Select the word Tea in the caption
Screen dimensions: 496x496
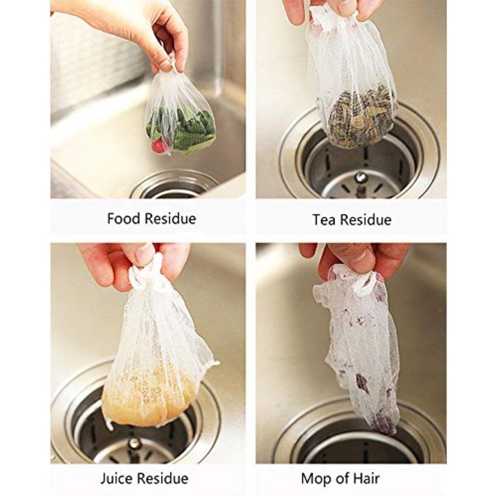coord(324,220)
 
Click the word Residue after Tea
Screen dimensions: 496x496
coord(366,220)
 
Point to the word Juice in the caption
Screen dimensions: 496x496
coord(117,478)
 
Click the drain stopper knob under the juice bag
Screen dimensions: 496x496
coord(135,442)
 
